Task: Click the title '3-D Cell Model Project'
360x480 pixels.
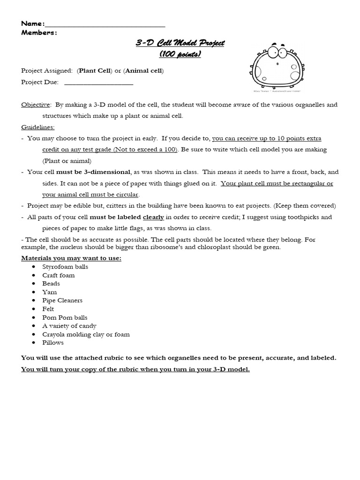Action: point(180,43)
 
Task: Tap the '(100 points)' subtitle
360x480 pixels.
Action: point(180,54)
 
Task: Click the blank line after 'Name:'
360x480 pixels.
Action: point(105,24)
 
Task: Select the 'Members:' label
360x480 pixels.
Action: point(39,32)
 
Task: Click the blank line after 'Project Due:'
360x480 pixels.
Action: point(98,82)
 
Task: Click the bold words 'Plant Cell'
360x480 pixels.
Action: point(94,71)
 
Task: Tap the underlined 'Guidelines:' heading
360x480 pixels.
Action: point(38,127)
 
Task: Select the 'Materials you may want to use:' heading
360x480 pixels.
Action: point(71,258)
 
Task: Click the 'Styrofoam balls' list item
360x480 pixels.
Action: point(65,267)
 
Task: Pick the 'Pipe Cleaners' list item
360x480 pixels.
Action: point(62,300)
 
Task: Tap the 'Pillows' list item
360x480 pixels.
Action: point(53,343)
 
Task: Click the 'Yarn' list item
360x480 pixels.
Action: point(49,292)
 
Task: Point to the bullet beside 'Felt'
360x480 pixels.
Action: point(34,309)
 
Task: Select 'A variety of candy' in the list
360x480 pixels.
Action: point(69,326)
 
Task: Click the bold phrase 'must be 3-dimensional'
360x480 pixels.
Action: point(93,172)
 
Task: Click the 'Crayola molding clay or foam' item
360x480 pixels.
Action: point(86,334)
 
